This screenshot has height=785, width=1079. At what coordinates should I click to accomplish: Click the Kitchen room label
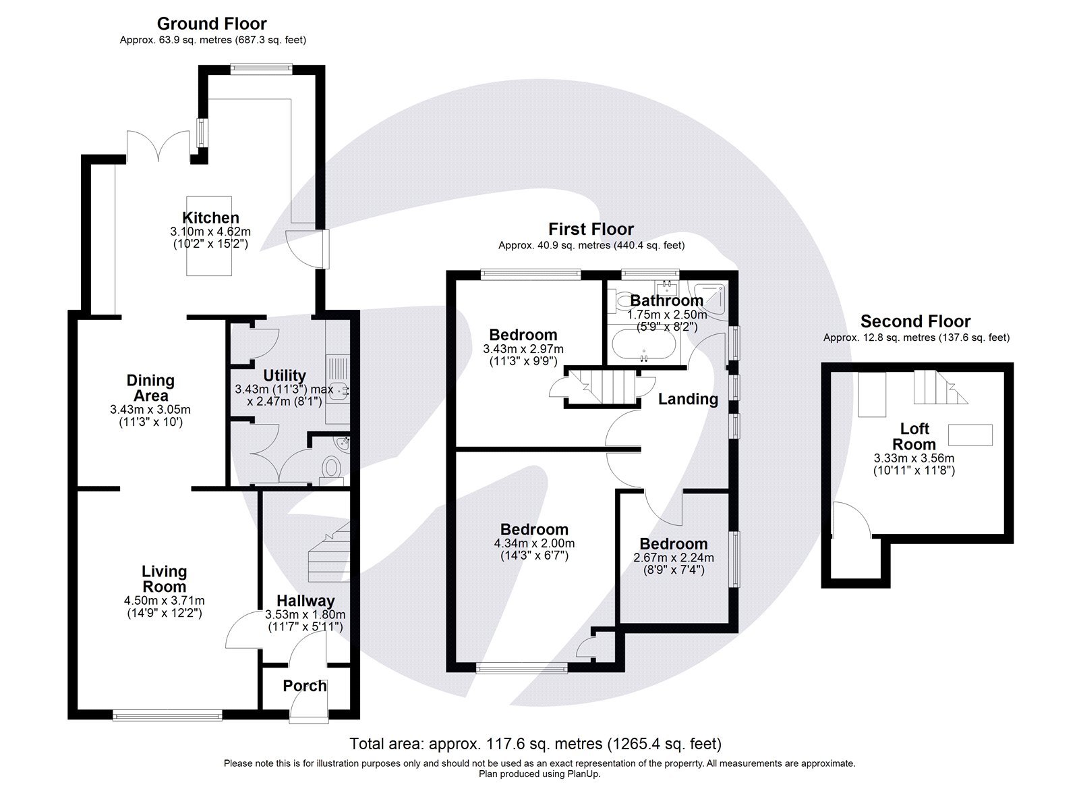(210, 217)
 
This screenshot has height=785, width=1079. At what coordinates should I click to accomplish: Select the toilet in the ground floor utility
(331, 468)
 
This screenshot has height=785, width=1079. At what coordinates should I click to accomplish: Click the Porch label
(305, 686)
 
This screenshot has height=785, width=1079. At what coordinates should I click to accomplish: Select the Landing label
(688, 399)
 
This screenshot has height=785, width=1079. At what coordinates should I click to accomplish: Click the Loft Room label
(914, 436)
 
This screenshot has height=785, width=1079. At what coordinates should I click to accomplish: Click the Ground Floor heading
(212, 24)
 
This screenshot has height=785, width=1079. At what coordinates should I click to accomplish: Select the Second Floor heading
(915, 321)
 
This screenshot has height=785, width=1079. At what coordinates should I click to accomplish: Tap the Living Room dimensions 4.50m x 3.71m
(165, 601)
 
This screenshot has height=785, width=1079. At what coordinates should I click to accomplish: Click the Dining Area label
(150, 388)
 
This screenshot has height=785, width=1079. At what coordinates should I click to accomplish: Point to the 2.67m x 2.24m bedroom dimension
(674, 558)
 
